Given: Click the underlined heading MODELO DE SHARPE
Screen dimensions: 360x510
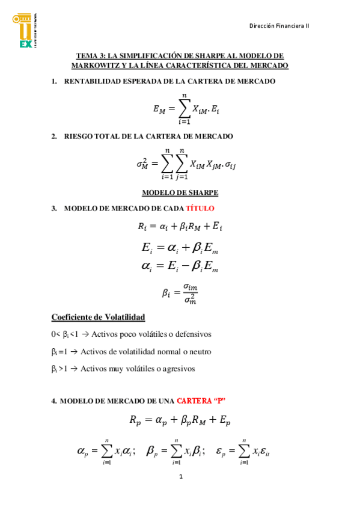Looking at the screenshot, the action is point(180,192).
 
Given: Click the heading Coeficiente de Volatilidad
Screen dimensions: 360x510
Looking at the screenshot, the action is point(99,318).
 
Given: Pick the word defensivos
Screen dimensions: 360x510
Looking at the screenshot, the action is point(191,334).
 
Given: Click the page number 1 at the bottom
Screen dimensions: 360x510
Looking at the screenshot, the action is point(180,477).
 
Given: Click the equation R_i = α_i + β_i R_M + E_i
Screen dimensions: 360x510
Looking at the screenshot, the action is point(180,227).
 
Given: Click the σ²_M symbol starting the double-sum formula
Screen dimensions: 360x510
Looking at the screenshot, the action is point(142,164).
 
